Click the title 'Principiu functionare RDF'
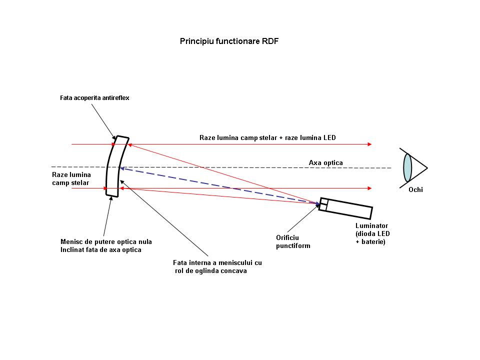(x=229, y=41)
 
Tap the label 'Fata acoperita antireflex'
(x=94, y=98)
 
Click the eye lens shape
(x=407, y=168)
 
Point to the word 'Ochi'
(x=415, y=190)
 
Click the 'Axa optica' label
(x=325, y=163)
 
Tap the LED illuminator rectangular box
(x=345, y=208)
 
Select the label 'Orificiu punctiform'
(x=293, y=242)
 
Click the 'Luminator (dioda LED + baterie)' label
(x=372, y=234)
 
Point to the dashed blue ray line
(x=219, y=185)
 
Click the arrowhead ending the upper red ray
(x=370, y=144)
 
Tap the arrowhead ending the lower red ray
(x=370, y=188)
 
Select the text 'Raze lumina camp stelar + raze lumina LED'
(x=267, y=138)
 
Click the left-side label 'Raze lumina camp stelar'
(x=71, y=179)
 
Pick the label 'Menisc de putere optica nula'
(x=106, y=242)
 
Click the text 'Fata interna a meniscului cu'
(x=217, y=262)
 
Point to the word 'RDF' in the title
(x=270, y=41)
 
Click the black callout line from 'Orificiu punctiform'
(x=303, y=217)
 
